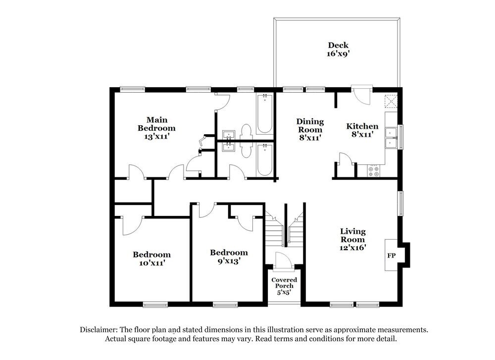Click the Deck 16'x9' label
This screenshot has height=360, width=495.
pos(338,50)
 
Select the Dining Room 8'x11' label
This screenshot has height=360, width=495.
pos(310,130)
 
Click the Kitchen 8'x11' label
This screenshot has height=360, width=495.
pos(362,130)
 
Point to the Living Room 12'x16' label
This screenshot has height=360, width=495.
pos(352,240)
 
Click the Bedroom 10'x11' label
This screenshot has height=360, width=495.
pos(151,259)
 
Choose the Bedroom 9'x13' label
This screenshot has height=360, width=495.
pos(228,257)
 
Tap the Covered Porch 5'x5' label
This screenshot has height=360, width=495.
pos(284,286)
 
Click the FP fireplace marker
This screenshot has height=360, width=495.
pos(391,256)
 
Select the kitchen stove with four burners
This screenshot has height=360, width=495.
pos(374,171)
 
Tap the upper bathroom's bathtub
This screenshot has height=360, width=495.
pos(264,113)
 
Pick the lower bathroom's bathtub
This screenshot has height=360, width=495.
pos(264,159)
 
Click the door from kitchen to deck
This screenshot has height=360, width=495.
pos(361,95)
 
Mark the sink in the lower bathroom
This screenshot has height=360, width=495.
pos(229,147)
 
